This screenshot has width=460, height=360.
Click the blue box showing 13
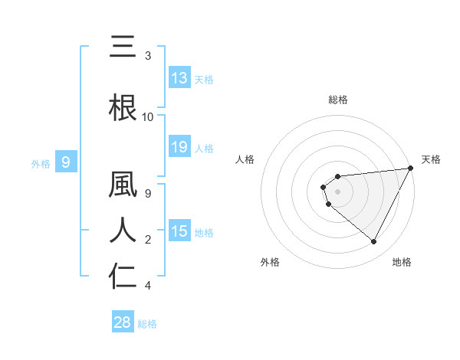coord(179,78)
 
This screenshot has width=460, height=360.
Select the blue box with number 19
coord(179,147)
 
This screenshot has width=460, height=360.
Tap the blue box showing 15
coord(179,231)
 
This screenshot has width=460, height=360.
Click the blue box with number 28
coord(123,322)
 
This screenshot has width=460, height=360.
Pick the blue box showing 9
coord(66,162)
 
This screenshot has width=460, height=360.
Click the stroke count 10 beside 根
coord(148,117)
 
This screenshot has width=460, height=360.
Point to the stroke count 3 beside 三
coord(148,56)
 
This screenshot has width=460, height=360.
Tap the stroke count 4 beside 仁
coord(148,286)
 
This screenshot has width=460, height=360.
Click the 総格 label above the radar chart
coord(338,100)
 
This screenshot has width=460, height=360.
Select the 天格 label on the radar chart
coord(431,159)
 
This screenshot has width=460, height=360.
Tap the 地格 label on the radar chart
coord(402,262)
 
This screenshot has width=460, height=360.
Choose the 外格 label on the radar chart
coord(270,262)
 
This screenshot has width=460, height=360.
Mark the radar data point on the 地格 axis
coord(374,242)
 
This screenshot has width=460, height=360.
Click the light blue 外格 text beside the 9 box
coord(41,163)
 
